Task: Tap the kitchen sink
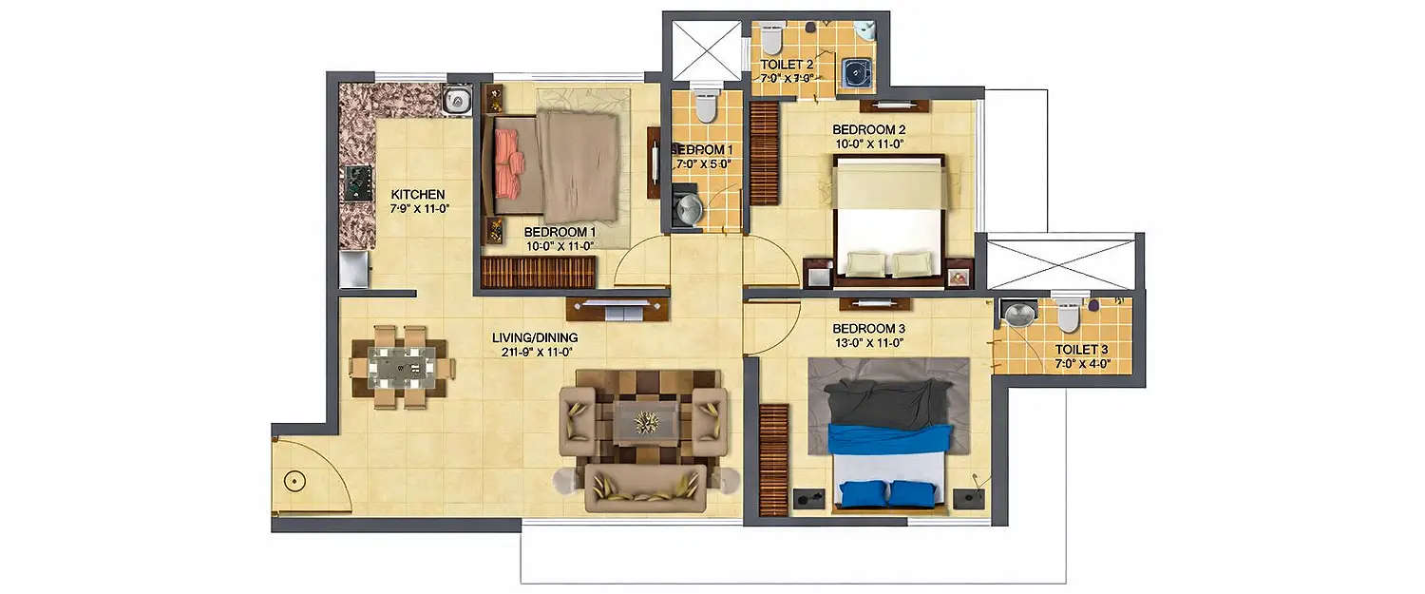tap(457, 100)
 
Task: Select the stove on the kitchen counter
tap(358, 182)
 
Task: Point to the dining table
tap(402, 367)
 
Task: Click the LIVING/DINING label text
tap(534, 337)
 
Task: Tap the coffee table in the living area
tap(647, 421)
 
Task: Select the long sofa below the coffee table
tap(647, 488)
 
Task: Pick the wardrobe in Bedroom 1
tap(538, 272)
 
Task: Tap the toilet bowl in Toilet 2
tap(770, 40)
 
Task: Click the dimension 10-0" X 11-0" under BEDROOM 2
tap(868, 144)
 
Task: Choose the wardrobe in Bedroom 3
tap(774, 460)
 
